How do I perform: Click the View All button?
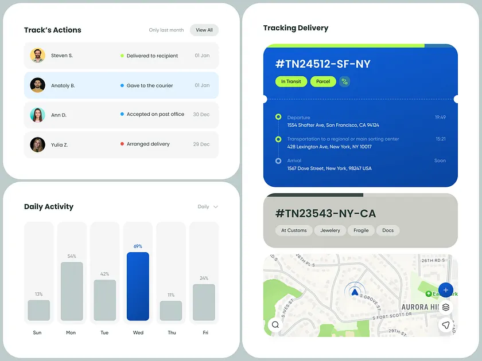[x=204, y=30]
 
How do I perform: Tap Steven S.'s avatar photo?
[x=37, y=56]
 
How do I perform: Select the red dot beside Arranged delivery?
[x=122, y=144]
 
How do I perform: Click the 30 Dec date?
[x=201, y=115]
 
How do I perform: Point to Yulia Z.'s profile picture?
[x=37, y=144]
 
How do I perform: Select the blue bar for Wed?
[x=138, y=286]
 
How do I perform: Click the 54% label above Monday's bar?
[x=72, y=256]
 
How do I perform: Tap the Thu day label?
[x=171, y=332]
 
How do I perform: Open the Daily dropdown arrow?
[x=216, y=207]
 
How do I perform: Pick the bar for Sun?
[x=38, y=310]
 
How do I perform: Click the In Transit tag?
[x=291, y=81]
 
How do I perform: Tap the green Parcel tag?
[x=323, y=81]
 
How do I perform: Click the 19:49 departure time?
[x=440, y=117]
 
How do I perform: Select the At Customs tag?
[x=294, y=230]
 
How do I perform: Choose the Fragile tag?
[x=361, y=230]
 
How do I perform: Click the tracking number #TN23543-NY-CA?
[x=325, y=214]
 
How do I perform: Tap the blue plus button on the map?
[x=446, y=290]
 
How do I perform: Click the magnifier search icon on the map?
[x=275, y=325]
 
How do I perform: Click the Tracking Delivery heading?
[x=296, y=28]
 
